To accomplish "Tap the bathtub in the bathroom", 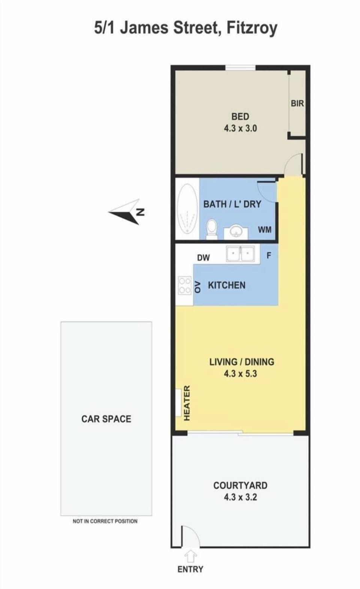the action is (187, 209).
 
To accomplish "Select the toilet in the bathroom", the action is (211, 229).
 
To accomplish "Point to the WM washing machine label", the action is (265, 230).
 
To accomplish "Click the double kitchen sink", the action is (240, 254).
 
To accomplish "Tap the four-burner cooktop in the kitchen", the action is (184, 285).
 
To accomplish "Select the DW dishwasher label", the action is (203, 258).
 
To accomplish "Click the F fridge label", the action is (269, 255).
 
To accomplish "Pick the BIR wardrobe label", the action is (297, 103).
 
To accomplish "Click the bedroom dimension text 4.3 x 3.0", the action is (240, 128).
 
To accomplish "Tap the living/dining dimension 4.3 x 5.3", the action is (240, 373).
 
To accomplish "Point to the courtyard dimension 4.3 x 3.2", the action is (240, 497).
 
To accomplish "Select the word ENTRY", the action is (190, 569).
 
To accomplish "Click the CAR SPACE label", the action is (106, 419).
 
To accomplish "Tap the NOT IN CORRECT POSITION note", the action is (105, 521).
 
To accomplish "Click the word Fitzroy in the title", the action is (252, 28).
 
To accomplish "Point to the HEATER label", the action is (187, 403).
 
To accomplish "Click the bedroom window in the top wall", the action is (240, 68).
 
